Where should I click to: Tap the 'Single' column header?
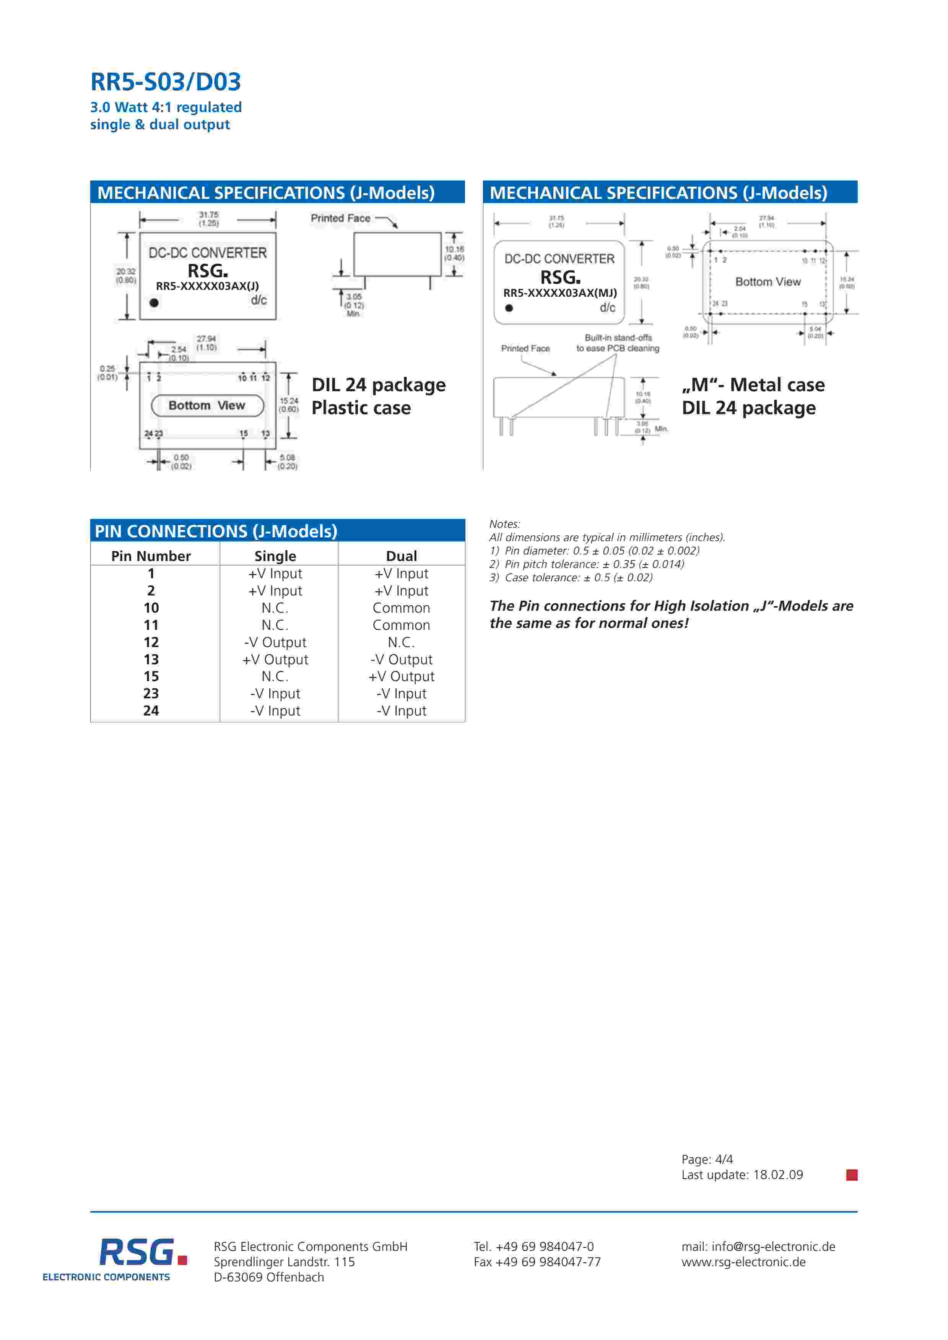click(x=275, y=556)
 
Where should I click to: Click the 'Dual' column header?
click(x=401, y=556)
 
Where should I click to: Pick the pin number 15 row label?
click(x=151, y=677)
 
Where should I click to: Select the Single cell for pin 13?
click(x=275, y=660)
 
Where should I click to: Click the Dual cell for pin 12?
click(x=401, y=642)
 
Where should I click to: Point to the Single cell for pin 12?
click(x=275, y=642)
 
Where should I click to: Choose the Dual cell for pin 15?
click(x=401, y=677)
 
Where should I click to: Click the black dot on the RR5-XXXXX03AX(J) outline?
click(x=154, y=302)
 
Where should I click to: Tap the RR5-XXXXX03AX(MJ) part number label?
click(x=560, y=293)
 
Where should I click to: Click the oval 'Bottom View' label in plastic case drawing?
click(x=207, y=405)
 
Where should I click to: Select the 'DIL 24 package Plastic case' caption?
click(x=378, y=396)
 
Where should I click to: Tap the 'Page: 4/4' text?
click(x=707, y=1159)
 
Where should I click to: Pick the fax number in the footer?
click(x=537, y=1261)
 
